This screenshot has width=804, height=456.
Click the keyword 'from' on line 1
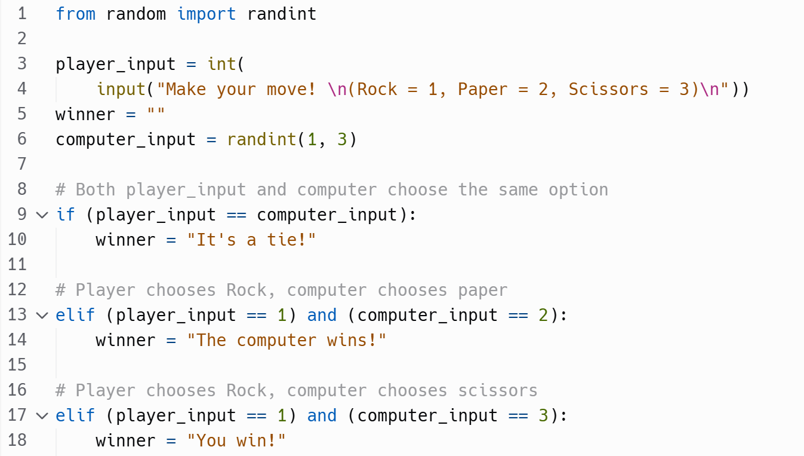click(x=75, y=14)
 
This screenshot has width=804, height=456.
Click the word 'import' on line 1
click(x=207, y=14)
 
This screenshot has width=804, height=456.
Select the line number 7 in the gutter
click(x=21, y=164)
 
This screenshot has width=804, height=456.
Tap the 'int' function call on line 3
click(x=221, y=64)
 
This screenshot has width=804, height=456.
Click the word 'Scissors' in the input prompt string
click(x=608, y=89)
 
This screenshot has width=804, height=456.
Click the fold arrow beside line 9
click(x=42, y=215)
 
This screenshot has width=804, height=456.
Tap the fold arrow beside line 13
click(x=42, y=315)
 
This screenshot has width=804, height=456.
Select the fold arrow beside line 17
click(x=42, y=415)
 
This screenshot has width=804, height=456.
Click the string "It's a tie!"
click(x=251, y=240)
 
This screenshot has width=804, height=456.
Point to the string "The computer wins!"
click(x=287, y=340)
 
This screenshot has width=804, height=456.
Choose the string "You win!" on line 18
click(x=236, y=440)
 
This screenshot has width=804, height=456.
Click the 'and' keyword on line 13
click(x=322, y=315)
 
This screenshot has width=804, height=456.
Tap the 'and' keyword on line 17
click(x=322, y=415)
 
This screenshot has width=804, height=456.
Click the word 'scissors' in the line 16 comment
click(x=498, y=390)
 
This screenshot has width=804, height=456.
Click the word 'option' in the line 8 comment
click(x=578, y=189)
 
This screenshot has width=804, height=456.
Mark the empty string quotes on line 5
click(x=156, y=114)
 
